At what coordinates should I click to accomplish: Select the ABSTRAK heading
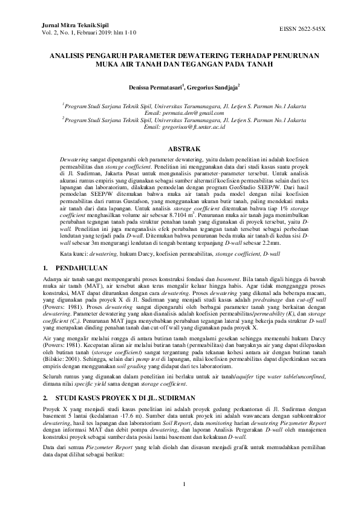(180, 148)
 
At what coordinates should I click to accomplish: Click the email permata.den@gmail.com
(180, 112)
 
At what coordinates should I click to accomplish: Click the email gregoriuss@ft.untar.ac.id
(180, 127)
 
